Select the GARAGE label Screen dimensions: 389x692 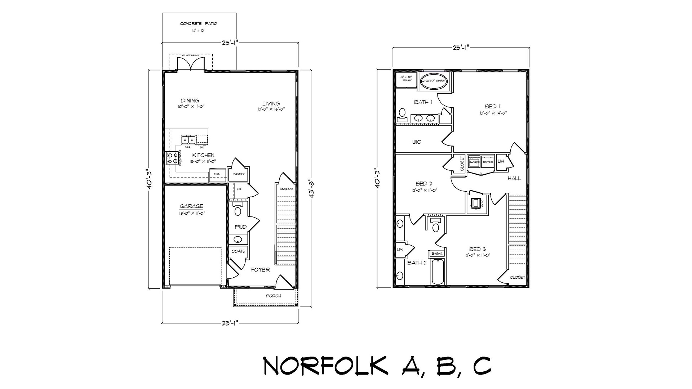[191, 206]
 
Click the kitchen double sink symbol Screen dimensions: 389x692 [188, 140]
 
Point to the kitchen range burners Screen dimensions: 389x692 [171, 158]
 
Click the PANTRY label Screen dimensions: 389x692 [239, 174]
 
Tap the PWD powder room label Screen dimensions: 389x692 [240, 227]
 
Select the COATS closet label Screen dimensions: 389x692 [238, 251]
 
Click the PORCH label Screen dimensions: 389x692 [273, 296]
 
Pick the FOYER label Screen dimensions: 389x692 [260, 270]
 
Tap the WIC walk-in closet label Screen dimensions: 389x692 [416, 142]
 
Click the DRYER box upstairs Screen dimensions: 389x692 [488, 162]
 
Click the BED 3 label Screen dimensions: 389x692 [477, 249]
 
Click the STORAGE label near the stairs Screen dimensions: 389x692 [287, 189]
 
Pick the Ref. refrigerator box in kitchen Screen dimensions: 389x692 [217, 174]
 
